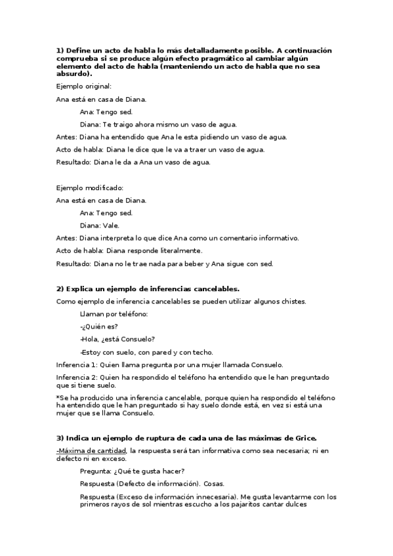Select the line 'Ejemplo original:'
(84, 87)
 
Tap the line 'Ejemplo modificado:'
(90, 188)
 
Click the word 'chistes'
(293, 301)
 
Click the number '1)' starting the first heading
(60, 50)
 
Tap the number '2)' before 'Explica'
(60, 288)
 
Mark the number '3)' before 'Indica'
(60, 437)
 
